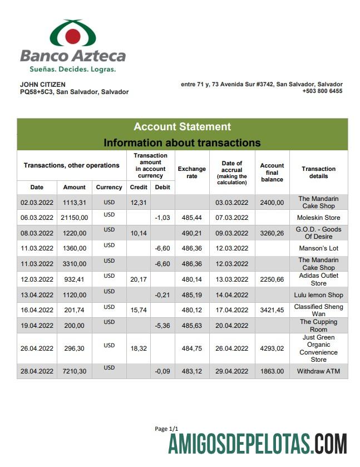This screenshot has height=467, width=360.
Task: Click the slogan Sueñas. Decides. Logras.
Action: pyautogui.click(x=72, y=70)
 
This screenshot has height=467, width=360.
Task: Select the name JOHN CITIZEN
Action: pyautogui.click(x=43, y=85)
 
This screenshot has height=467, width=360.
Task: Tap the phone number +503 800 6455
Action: pyautogui.click(x=322, y=91)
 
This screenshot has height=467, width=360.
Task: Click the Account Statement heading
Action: pyautogui.click(x=182, y=127)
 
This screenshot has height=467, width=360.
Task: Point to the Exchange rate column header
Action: pyautogui.click(x=191, y=173)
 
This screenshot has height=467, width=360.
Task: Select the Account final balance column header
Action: pyautogui.click(x=272, y=173)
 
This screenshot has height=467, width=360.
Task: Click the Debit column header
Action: pyautogui.click(x=162, y=188)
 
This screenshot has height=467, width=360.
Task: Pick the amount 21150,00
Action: pyautogui.click(x=74, y=218)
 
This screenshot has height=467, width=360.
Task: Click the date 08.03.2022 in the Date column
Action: pyautogui.click(x=37, y=233)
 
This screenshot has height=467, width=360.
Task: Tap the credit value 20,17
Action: pyautogui.click(x=139, y=279)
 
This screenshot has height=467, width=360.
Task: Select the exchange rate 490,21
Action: pyautogui.click(x=191, y=233)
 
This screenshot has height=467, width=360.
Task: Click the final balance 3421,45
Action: pyautogui.click(x=272, y=310)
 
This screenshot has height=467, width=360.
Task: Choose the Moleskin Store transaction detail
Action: pyautogui.click(x=318, y=218)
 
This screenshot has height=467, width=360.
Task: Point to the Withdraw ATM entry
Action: pyautogui.click(x=318, y=371)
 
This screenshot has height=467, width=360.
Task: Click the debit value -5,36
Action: pyautogui.click(x=162, y=326)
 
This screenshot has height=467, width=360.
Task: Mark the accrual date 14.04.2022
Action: pyautogui.click(x=232, y=295)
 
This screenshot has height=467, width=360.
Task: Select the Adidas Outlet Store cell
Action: pyautogui.click(x=318, y=279)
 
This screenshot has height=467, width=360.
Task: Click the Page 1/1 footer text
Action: pyautogui.click(x=166, y=429)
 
